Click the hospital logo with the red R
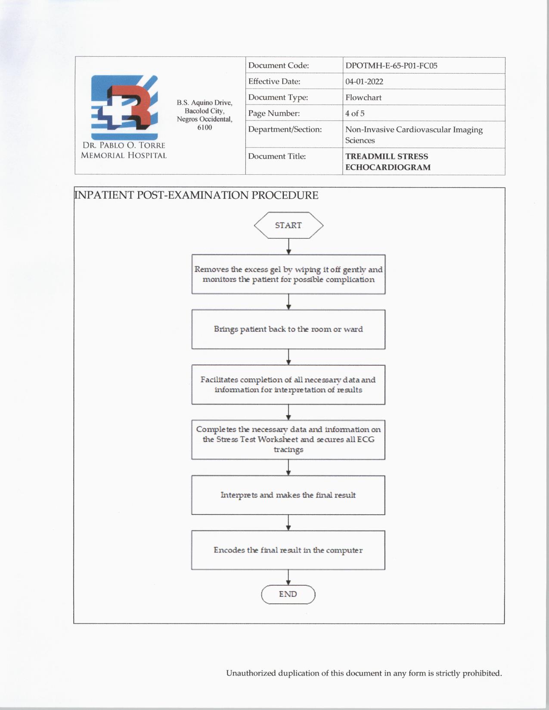(124, 107)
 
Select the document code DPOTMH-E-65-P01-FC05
(391, 66)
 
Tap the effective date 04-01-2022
(364, 82)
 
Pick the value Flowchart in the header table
(363, 98)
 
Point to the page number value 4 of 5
(354, 114)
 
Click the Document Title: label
(276, 156)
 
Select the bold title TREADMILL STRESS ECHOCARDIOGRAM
(387, 162)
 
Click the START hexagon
(288, 225)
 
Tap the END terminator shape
(288, 594)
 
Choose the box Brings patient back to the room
(288, 329)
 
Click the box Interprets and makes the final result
(288, 495)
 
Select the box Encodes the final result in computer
(288, 550)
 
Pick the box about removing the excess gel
(288, 275)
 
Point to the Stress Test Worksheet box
(288, 439)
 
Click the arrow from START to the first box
(288, 246)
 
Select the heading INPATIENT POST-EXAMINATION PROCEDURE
(196, 195)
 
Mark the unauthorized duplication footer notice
(364, 673)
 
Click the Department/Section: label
(285, 130)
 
